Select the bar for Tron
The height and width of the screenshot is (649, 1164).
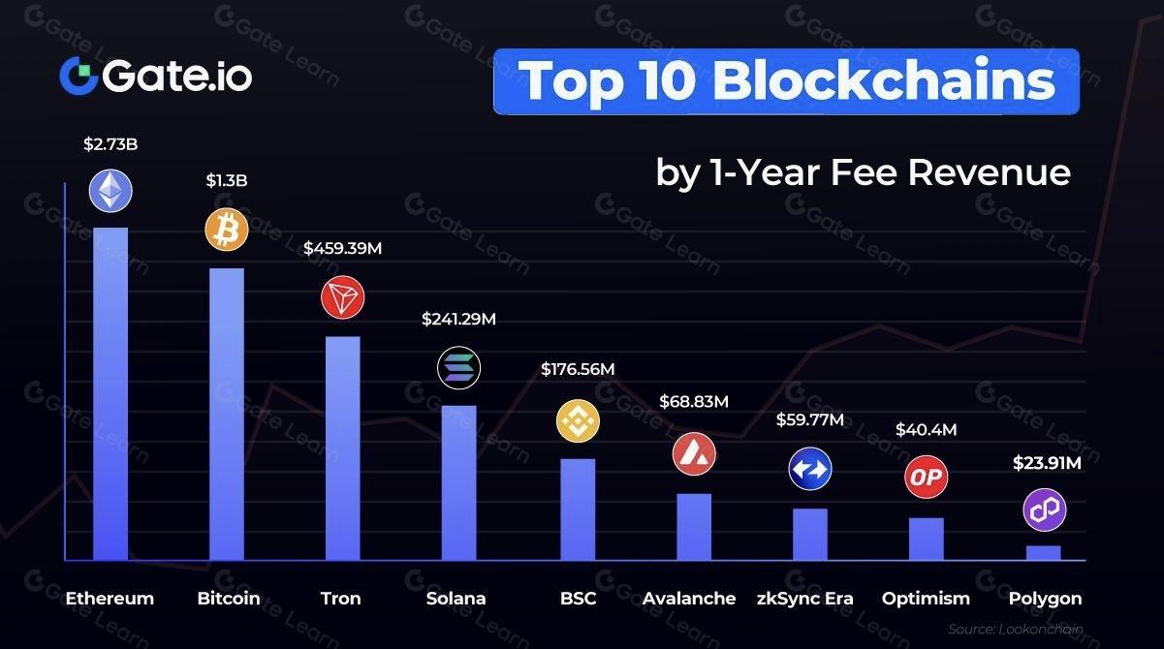tap(342, 448)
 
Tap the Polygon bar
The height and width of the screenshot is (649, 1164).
tap(1044, 552)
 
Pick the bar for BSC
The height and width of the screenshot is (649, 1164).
tap(578, 509)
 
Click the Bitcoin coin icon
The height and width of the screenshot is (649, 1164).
tap(227, 230)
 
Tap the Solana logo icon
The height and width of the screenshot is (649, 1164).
tap(459, 367)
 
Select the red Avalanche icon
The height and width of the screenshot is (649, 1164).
tap(694, 452)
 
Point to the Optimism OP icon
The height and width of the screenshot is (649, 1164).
tap(926, 477)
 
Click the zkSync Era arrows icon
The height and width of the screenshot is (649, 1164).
tap(809, 469)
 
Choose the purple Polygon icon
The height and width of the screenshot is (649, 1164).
tap(1044, 510)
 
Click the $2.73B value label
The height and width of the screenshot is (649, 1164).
tap(110, 144)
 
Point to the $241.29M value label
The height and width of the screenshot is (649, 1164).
tap(459, 319)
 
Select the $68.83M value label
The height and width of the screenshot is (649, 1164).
tap(694, 400)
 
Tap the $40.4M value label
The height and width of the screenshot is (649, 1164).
tap(926, 429)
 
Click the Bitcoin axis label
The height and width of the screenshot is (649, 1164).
tap(229, 598)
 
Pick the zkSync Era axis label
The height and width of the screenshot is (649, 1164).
tap(805, 598)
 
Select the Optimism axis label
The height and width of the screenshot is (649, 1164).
tap(926, 598)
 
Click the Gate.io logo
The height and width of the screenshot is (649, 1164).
tap(155, 76)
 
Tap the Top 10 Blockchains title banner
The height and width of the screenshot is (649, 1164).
tap(786, 81)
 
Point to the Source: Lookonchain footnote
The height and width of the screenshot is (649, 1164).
tap(1015, 628)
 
